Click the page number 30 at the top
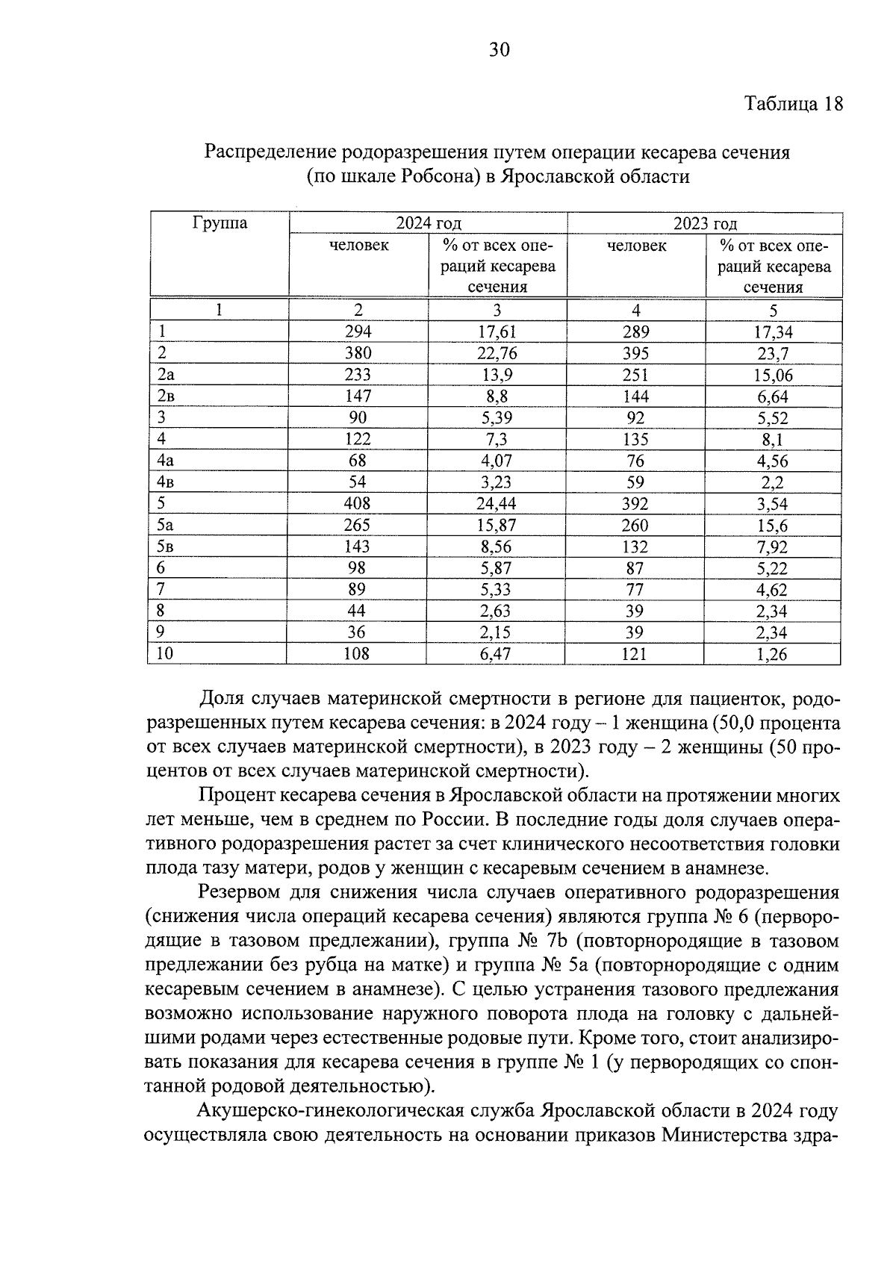[499, 50]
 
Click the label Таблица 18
[794, 104]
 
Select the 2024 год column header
[428, 223]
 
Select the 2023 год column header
[705, 223]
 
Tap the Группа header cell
[220, 223]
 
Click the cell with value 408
[357, 504]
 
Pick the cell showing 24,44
[497, 504]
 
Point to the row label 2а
[167, 375]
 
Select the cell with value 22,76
[497, 353]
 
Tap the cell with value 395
[635, 353]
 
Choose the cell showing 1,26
[773, 655]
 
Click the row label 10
[166, 654]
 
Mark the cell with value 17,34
[773, 332]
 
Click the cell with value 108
[357, 654]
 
